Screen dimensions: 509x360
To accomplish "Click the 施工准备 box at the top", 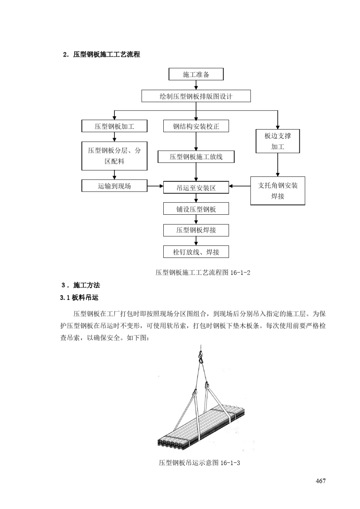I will coord(196,75).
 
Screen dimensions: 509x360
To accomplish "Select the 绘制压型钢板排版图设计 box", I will coord(196,96).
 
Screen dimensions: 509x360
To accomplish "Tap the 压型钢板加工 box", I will coord(114,126).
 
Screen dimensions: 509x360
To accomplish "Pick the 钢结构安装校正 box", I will coord(196,126).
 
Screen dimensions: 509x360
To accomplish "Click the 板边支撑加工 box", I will coord(278,141).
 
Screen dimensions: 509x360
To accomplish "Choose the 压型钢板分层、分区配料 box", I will coord(114,156).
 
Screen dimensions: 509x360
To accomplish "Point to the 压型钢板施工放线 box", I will coord(196,157).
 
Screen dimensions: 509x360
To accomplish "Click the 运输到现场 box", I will coord(114,186).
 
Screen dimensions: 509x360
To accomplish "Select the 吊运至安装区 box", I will coord(196,187).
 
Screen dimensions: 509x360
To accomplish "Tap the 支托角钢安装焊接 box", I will coord(278,190).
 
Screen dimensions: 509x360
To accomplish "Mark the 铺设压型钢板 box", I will coord(196,209).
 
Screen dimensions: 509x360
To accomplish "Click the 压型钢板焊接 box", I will coord(196,230).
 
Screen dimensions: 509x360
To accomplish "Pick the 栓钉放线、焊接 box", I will coord(196,252).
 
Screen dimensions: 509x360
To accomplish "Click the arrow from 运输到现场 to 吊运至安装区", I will coord(155,186).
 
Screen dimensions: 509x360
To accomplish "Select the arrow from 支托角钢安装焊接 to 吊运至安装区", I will coord(239,186).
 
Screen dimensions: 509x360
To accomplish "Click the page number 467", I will coord(320,481).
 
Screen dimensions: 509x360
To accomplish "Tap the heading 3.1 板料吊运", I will coord(79,298).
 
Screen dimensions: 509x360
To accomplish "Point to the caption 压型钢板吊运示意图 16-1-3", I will coord(200,463).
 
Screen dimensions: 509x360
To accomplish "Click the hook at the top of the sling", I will coord(200,356).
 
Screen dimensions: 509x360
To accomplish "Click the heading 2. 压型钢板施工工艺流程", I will coord(102,55).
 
